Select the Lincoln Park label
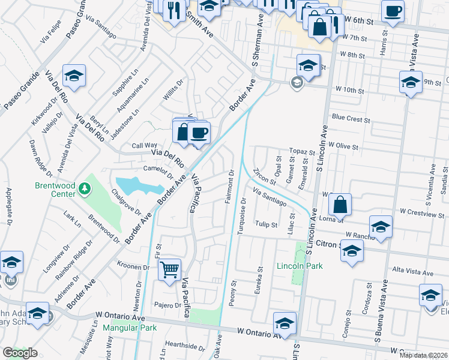pos(300,266)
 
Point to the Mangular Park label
pos(129,328)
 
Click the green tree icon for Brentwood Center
pos(85,190)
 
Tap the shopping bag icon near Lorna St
pos(340,205)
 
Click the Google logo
pos(19,353)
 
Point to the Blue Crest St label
pos(351,119)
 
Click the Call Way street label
pos(144,146)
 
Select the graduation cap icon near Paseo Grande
pos(74,76)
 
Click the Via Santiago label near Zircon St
pos(270,198)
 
